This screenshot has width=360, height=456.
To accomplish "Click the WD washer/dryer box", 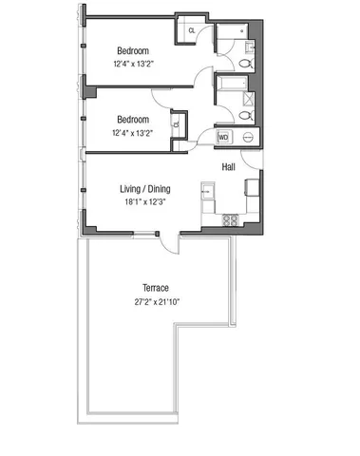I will pos(224,138).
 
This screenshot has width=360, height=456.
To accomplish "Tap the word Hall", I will pos(229,167).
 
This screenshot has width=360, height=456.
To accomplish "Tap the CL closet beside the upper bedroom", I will pos(191,30).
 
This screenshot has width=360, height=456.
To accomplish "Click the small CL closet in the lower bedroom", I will pos(177,121).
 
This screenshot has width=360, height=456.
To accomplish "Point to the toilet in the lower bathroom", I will pos(245,114).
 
